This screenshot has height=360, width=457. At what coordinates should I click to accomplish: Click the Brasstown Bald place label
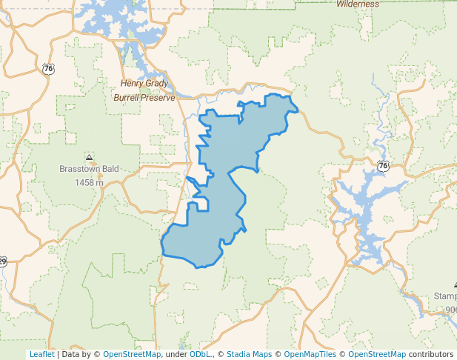89,169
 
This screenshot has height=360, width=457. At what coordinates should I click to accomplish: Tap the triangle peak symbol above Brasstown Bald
90,157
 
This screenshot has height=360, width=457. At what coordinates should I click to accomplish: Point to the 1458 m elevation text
89,182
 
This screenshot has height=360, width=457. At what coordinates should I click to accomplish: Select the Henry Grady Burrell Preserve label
144,90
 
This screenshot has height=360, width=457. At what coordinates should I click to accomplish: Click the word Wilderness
357,4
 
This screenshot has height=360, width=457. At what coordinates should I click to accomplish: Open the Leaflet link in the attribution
41,354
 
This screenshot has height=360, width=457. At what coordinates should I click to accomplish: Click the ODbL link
200,354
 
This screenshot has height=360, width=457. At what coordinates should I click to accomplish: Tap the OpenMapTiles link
310,354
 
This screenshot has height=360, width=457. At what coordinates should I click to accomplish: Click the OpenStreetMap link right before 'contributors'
377,354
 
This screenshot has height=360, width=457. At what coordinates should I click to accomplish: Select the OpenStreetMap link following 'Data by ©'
132,354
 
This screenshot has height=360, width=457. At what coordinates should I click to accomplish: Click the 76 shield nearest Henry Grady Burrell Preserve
49,69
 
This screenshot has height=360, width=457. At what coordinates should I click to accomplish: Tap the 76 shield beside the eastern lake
382,166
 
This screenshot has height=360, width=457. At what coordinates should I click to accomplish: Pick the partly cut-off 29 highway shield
2,261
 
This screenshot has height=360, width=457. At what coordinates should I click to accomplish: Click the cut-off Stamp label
445,296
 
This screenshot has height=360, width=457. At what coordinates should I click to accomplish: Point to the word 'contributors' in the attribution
430,354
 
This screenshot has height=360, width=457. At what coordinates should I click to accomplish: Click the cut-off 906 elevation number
450,309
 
